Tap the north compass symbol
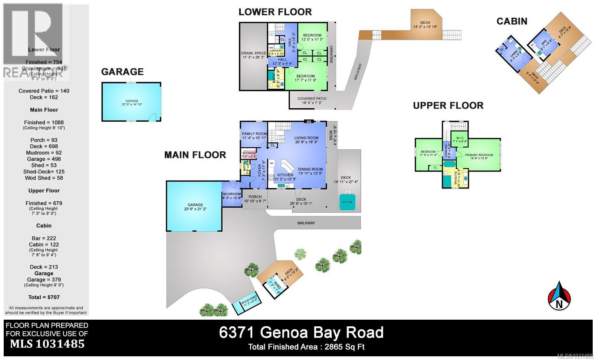click(x=559, y=296)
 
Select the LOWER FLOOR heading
click(x=275, y=12)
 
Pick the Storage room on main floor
click(x=249, y=155)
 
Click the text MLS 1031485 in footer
click(x=47, y=344)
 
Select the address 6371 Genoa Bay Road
click(x=301, y=332)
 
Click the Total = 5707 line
click(x=44, y=297)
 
